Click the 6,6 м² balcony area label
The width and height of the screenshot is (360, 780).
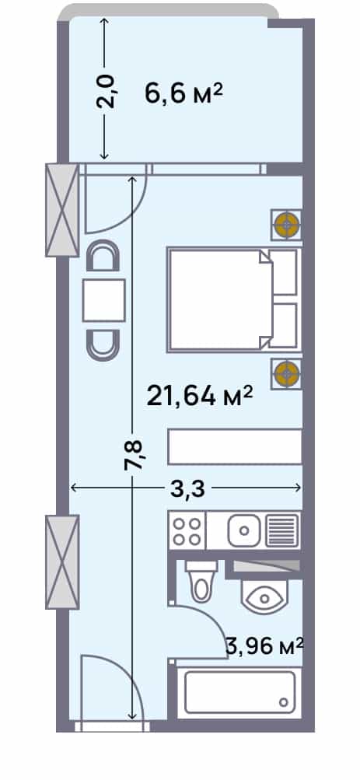click(183, 93)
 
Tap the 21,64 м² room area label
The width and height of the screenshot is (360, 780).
click(201, 396)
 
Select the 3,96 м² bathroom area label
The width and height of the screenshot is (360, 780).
click(264, 646)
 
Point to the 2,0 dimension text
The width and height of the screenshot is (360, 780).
click(106, 91)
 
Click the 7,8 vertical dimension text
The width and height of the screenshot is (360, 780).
click(133, 454)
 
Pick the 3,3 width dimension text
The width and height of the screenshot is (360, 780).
click(187, 489)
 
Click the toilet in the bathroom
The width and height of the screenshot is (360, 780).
click(201, 579)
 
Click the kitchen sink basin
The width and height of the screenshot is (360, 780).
click(244, 530)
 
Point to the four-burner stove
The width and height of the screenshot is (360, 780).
click(187, 530)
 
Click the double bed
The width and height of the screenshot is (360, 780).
click(232, 299)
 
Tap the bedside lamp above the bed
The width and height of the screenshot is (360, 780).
click(287, 225)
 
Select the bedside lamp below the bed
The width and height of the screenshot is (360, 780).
click(287, 373)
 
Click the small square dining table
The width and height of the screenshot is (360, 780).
click(103, 300)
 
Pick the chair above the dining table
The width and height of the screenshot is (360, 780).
click(103, 256)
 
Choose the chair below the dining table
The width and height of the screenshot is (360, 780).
click(103, 345)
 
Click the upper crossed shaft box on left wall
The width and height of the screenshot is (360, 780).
click(62, 210)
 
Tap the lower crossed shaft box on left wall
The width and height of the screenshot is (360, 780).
click(62, 561)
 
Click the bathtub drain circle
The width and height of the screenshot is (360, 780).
click(284, 702)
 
